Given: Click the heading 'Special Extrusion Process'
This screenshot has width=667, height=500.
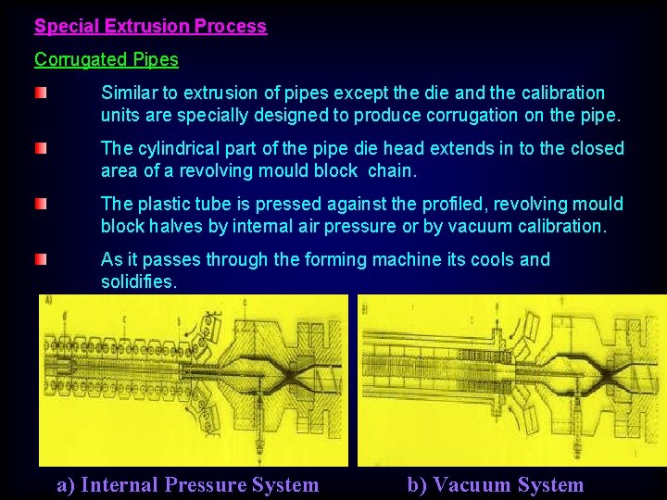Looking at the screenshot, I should coord(150,27).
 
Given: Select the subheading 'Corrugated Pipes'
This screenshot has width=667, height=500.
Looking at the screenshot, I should coord(107,60).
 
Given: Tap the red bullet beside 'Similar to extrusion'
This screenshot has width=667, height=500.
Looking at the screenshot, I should coord(42,94).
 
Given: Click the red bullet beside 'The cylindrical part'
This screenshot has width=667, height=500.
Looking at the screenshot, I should coord(42,149).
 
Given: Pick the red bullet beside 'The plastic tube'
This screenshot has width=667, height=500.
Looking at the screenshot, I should coord(42,205).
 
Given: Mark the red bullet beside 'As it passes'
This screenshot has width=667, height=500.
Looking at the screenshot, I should coord(42,260).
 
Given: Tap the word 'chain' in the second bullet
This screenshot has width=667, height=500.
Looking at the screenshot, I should coord(393,171).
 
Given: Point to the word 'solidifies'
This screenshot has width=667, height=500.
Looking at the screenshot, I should coord(138,281).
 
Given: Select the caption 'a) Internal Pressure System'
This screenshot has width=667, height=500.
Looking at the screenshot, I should coord(188,485).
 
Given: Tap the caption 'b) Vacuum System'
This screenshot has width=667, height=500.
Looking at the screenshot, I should coord(496,485).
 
